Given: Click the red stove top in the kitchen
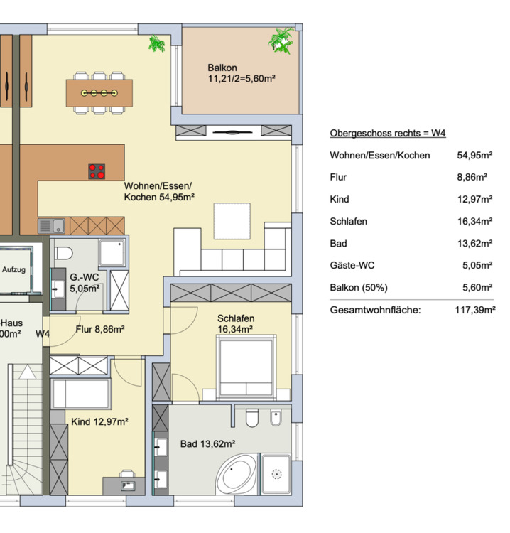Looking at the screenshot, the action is (x=97, y=171).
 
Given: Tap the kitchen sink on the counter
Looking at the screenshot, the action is (x=52, y=226).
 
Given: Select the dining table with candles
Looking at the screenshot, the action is (x=99, y=92).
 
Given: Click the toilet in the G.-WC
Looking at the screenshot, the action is (x=63, y=254).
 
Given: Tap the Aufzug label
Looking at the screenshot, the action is (x=15, y=270).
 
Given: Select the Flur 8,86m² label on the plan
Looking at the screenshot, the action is (x=100, y=329).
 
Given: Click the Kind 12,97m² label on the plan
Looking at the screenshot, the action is (x=99, y=422).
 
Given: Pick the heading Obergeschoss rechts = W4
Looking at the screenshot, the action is (x=388, y=133).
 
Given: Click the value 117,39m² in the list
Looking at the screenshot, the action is (x=474, y=310).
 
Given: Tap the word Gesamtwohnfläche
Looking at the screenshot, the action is (x=375, y=310).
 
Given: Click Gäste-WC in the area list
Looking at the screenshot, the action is (x=352, y=265).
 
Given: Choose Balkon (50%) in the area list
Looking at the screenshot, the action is (x=359, y=287).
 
